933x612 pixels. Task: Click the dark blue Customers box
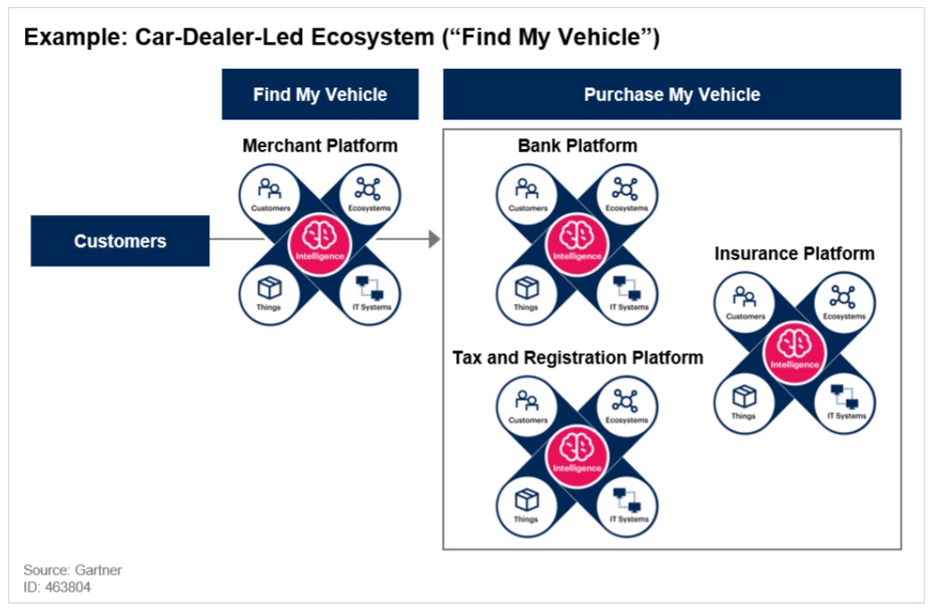119,241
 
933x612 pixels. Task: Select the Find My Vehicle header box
320,95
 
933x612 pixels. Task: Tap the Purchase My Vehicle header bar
672,95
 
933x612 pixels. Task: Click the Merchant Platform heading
320,145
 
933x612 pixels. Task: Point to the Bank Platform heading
577,145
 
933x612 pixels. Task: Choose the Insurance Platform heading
794,253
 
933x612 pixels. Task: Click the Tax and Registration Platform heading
577,358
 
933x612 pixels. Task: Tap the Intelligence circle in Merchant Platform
320,241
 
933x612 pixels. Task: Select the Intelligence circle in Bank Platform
577,241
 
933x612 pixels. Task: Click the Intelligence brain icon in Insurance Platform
794,343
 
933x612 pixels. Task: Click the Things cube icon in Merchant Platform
269,287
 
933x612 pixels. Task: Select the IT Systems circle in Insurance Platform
845,398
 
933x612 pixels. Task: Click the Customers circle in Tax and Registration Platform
528,405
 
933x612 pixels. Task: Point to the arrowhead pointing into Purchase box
434,239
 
